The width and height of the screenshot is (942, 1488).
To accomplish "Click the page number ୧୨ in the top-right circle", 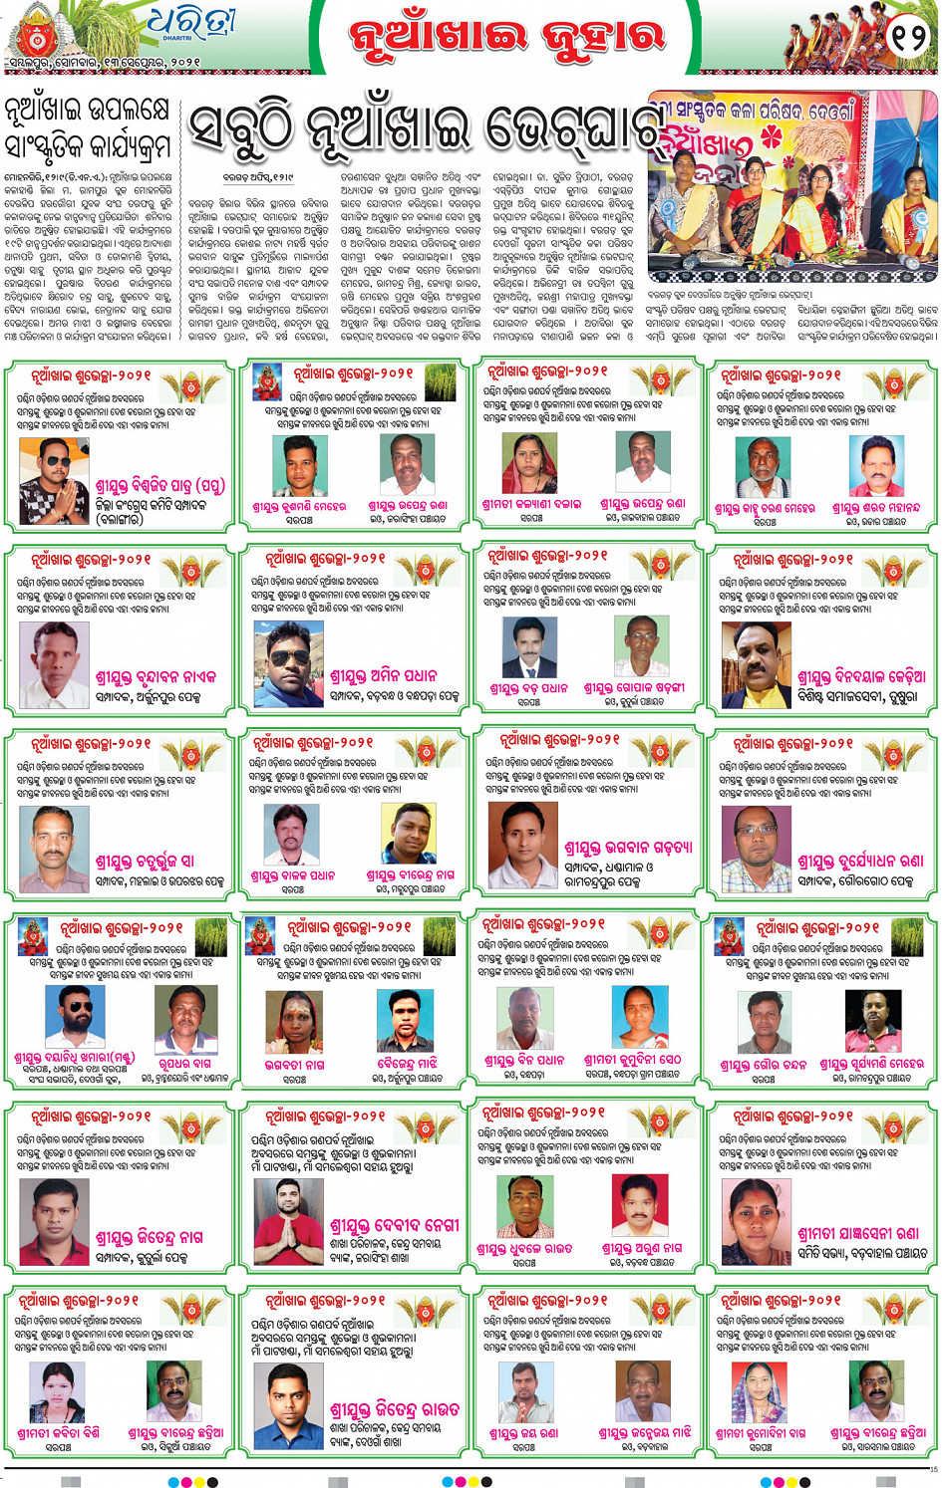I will pyautogui.click(x=909, y=37).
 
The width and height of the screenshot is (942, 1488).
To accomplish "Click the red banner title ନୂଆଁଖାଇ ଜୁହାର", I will pyautogui.click(x=506, y=37).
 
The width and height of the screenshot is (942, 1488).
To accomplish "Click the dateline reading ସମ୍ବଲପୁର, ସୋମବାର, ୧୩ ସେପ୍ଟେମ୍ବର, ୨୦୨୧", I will pyautogui.click(x=103, y=63).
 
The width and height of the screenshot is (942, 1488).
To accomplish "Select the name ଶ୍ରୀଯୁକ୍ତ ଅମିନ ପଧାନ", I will pyautogui.click(x=384, y=676).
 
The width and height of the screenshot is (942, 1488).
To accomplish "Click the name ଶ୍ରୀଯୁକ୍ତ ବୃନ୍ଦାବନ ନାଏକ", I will pyautogui.click(x=156, y=677).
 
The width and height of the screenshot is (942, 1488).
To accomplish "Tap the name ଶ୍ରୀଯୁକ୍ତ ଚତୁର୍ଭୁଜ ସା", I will pyautogui.click(x=145, y=861).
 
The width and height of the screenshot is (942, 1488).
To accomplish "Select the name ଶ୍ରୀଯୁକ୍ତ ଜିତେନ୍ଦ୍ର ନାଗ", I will pyautogui.click(x=149, y=1237).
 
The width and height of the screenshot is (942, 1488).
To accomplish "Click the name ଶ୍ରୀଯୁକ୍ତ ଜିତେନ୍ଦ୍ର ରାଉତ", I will pyautogui.click(x=395, y=1409).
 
